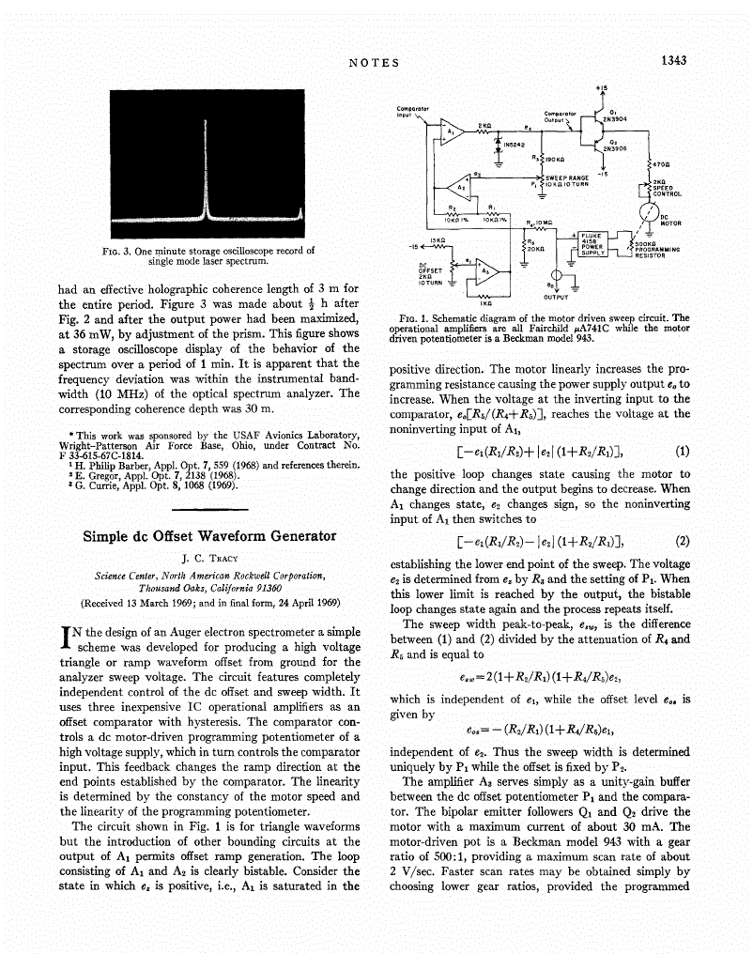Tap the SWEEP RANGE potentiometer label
point(567,178)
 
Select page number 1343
point(673,61)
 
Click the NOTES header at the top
point(374,63)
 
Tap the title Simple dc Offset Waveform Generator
point(209,536)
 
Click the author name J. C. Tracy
point(209,558)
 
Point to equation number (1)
point(683,451)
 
